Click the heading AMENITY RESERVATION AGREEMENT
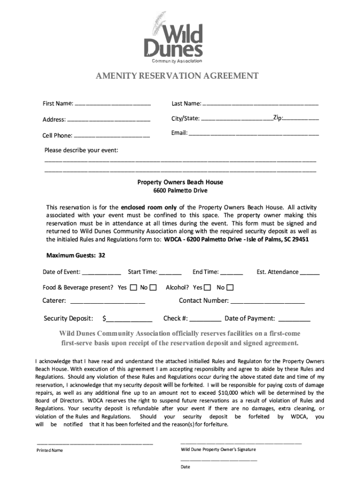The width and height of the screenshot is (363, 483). coord(177,76)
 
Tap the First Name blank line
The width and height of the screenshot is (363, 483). coord(113,104)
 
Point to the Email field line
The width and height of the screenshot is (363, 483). coord(254,134)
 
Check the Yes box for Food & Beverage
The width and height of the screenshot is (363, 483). coord(133,287)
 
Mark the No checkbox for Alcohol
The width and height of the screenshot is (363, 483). coord(230,287)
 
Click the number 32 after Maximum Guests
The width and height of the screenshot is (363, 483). coord(102,255)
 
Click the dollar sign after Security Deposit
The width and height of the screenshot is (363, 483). coord(105,318)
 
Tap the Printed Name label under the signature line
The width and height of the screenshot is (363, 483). coord(50,450)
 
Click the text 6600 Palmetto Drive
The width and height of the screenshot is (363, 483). coord(180,191)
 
